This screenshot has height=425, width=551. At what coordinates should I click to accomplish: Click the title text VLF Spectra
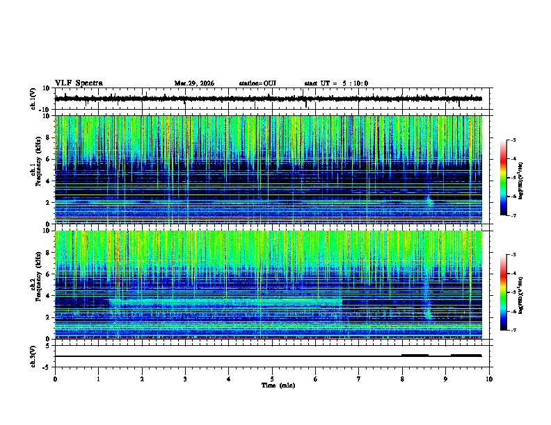pyautogui.click(x=79, y=83)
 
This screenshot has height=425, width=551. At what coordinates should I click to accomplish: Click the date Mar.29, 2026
pyautogui.click(x=194, y=83)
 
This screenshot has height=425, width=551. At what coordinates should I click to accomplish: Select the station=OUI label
pyautogui.click(x=257, y=83)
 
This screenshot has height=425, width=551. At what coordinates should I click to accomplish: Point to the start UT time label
pyautogui.click(x=336, y=83)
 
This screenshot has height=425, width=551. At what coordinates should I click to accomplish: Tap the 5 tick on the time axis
pyautogui.click(x=272, y=378)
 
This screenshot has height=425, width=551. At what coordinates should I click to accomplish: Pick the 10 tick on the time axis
pyautogui.click(x=489, y=378)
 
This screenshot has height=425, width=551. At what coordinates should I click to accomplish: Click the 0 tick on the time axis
pyautogui.click(x=55, y=378)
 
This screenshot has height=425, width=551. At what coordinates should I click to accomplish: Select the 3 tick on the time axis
pyautogui.click(x=185, y=378)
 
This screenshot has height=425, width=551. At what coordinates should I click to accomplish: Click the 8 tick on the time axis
pyautogui.click(x=402, y=378)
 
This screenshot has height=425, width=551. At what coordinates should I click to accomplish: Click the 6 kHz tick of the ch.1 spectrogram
pyautogui.click(x=49, y=159)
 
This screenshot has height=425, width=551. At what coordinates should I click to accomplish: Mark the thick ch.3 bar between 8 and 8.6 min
pyautogui.click(x=415, y=355)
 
